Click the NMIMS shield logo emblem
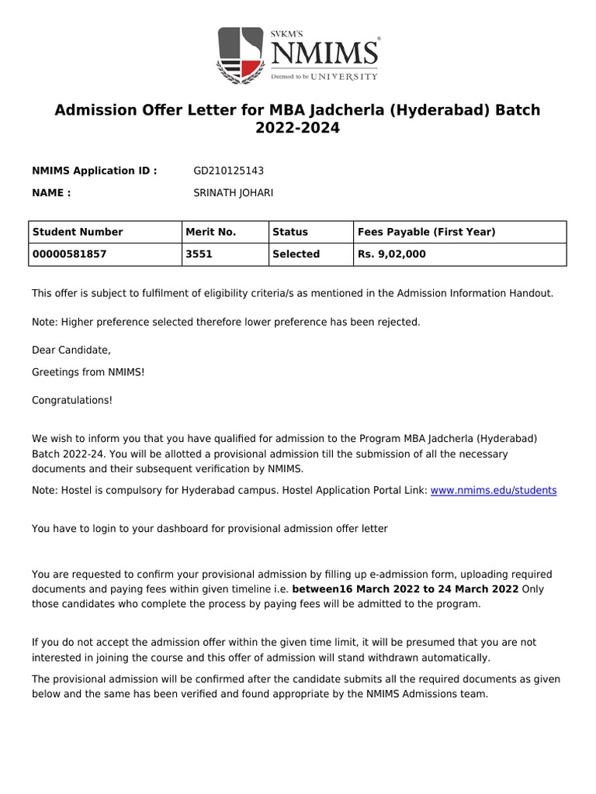[x=241, y=55]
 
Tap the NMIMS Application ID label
[x=94, y=171]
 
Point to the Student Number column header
[x=78, y=232]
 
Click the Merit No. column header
[x=211, y=232]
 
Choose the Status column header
[x=290, y=232]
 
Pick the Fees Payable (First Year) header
[x=426, y=232]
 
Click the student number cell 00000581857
[x=70, y=254]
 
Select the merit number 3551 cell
[x=199, y=254]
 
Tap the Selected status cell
[x=296, y=254]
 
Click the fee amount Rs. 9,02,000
[x=392, y=254]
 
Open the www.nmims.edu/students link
[x=494, y=491]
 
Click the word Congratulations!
[x=72, y=400]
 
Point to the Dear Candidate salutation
[x=71, y=350]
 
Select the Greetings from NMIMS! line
[x=88, y=372]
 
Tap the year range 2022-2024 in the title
[x=298, y=129]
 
